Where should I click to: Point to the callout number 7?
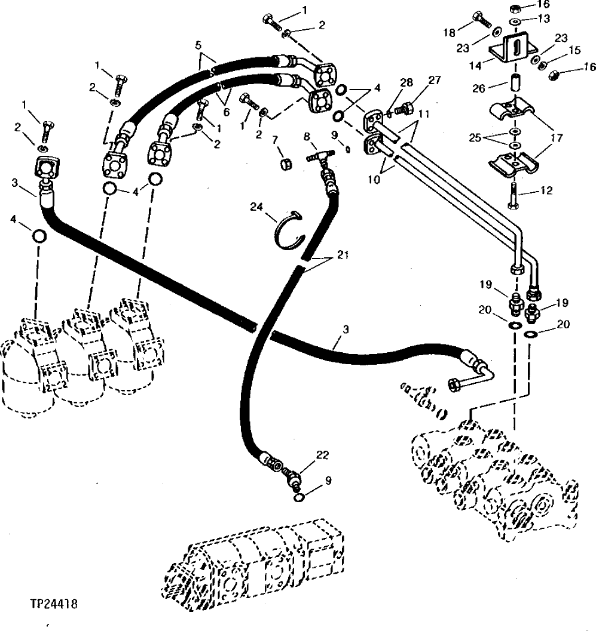[x=275, y=140]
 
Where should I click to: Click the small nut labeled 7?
[x=285, y=162]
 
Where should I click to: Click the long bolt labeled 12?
[x=512, y=190]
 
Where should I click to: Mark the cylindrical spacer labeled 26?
[x=514, y=82]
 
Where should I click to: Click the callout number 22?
[x=323, y=456]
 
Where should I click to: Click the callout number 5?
[x=198, y=45]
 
